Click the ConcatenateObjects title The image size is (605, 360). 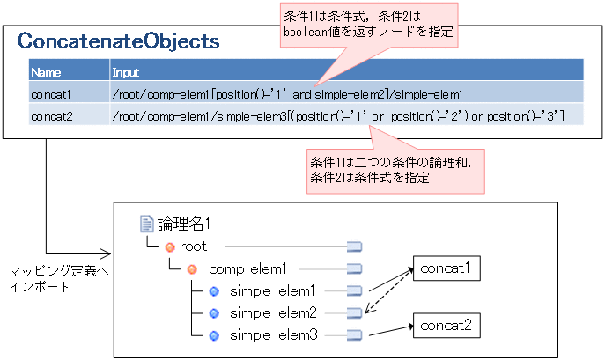click(119, 41)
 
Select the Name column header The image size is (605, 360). click(46, 71)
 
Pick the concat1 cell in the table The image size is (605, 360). click(52, 92)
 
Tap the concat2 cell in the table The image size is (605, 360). click(52, 114)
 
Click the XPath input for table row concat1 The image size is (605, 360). click(287, 92)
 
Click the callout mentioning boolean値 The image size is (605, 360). click(369, 26)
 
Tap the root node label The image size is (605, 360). click(193, 246)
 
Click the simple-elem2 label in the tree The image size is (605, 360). click(272, 312)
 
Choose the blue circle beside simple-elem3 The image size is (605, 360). click(213, 334)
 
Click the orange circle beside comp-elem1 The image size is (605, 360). click(191, 268)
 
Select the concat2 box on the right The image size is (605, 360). click(446, 326)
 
